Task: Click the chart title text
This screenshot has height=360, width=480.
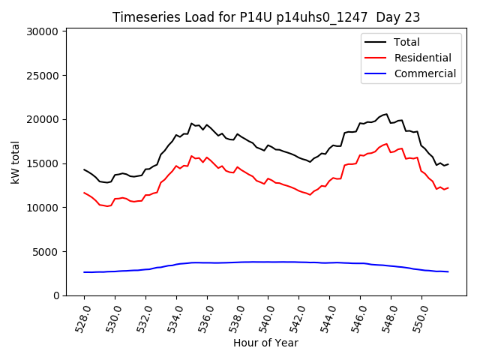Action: [x=266, y=17]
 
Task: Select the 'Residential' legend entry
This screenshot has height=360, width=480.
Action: [x=422, y=58]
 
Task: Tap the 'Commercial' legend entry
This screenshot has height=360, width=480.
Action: [x=424, y=73]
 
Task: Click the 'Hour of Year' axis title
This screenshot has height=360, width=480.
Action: [x=265, y=343]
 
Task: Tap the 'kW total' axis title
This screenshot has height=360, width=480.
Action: [x=15, y=162]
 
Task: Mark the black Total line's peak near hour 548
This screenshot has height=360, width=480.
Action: [x=386, y=114]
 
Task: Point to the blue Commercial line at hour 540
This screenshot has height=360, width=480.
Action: [x=268, y=262]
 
